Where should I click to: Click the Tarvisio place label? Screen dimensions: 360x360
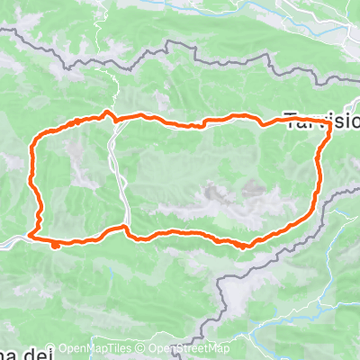pos(321,118)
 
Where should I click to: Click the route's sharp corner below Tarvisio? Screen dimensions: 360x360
pos(330,127)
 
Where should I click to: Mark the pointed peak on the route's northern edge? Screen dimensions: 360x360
pos(108,112)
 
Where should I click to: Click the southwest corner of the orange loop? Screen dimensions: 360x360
pos(33,236)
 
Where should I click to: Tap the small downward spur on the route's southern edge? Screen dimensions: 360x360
pos(56,244)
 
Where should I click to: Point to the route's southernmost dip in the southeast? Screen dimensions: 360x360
pos(245,245)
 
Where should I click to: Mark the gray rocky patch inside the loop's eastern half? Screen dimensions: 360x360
pos(216,192)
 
